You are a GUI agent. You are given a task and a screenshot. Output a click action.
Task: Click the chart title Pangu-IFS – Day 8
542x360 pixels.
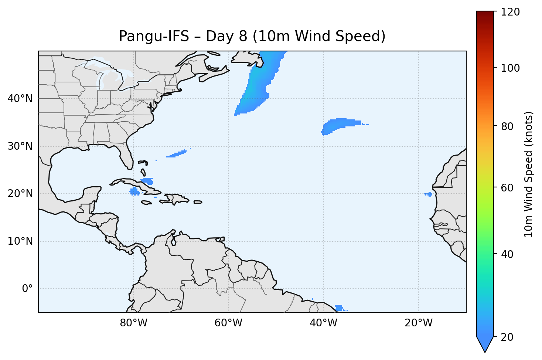tap(252, 36)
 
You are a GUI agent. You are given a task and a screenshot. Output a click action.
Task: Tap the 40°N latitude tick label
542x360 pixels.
tap(20, 99)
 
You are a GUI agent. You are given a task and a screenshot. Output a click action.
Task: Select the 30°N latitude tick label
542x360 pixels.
tap(20, 146)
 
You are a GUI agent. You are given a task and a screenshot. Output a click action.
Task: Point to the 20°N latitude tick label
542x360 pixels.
tap(20, 194)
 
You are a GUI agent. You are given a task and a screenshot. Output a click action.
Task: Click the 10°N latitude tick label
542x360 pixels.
tap(20, 241)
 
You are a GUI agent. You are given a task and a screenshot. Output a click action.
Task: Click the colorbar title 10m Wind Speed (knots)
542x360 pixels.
tap(529, 174)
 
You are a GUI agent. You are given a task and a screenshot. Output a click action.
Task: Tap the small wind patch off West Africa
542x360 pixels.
tap(429, 194)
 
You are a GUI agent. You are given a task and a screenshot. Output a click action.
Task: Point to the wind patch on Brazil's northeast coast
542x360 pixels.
tap(338, 308)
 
